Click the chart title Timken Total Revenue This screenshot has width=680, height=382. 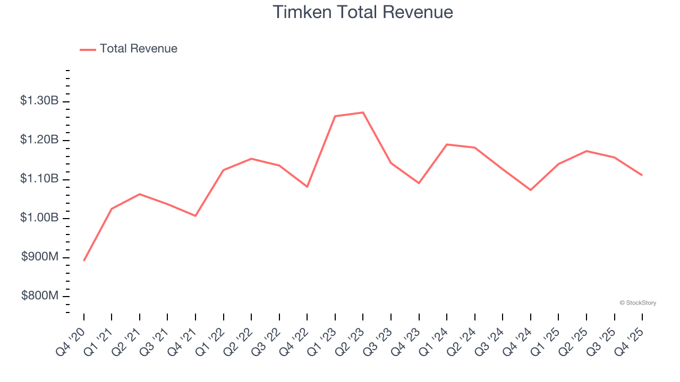click(363, 12)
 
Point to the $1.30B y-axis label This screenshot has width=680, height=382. click(39, 100)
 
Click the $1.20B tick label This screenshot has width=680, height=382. click(39, 140)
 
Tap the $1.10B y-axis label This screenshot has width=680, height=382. click(39, 179)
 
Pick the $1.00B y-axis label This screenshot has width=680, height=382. click(39, 218)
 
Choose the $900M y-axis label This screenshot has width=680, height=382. click(40, 257)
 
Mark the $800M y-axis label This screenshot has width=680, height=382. click(40, 296)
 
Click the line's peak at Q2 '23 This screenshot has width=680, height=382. click(363, 112)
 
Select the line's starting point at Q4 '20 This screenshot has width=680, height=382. click(84, 261)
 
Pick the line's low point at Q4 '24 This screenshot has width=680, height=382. click(531, 190)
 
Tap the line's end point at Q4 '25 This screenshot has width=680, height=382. click(642, 175)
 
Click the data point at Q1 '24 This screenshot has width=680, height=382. click(447, 144)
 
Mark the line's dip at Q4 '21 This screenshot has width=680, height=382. click(195, 216)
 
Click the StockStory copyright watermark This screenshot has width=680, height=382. click(637, 303)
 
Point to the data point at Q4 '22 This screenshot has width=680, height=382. click(307, 187)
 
